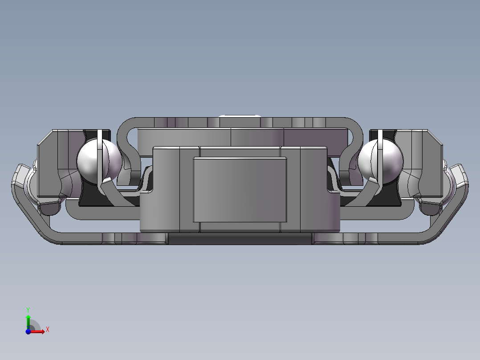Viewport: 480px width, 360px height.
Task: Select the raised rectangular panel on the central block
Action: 240,189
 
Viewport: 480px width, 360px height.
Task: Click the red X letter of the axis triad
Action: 47,329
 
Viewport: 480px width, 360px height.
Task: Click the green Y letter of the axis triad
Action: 28,309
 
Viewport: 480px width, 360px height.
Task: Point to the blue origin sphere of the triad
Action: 28,331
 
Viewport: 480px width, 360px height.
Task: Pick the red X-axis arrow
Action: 38,331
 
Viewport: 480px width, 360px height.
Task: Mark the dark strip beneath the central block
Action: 240,239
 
